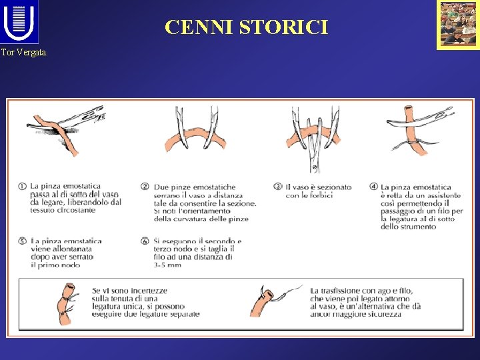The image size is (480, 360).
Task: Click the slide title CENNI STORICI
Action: [x=247, y=27]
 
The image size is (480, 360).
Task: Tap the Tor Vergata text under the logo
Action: [x=25, y=52]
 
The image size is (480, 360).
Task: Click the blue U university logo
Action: [x=19, y=22]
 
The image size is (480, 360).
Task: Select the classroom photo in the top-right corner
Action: [x=457, y=25]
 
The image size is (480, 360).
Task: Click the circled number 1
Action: [x=24, y=187]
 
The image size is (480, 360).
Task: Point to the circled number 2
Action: [x=145, y=187]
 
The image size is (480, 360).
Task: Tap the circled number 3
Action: [x=278, y=187]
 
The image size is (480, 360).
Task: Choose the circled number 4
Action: [x=374, y=187]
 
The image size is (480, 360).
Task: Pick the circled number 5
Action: [x=24, y=241]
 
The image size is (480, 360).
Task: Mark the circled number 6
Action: [x=145, y=241]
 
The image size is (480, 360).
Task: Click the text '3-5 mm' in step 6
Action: [x=167, y=265]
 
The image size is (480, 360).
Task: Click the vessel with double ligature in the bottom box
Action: [x=67, y=305]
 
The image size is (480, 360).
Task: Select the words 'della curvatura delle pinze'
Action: [x=201, y=219]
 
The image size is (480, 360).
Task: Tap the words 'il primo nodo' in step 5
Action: [x=55, y=265]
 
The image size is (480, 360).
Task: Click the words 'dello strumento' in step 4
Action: [x=408, y=227]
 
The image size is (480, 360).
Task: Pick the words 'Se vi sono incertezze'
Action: [x=129, y=291]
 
